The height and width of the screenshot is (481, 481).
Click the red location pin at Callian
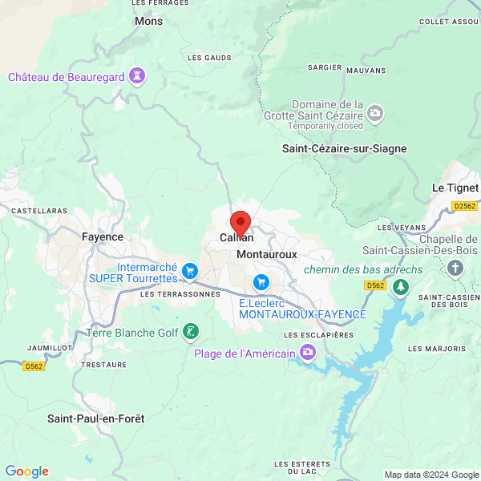pos(240,223)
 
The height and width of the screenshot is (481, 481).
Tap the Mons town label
pos(148,22)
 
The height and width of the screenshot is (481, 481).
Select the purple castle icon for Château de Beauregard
pos(139,77)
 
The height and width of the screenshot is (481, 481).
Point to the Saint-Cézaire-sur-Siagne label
pos(344,148)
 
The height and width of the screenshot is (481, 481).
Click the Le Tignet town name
pos(455,188)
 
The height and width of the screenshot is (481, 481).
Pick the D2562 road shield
pos(464,206)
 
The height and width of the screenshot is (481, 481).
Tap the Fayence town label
pos(103,236)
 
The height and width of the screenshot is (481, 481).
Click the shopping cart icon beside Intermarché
pos(189,271)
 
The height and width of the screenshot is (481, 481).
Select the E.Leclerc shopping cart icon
pos(261,282)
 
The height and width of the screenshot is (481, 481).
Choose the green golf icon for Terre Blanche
pos(190,331)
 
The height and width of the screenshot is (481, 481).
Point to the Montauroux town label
pos(267,254)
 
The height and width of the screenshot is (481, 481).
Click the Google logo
pos(26,471)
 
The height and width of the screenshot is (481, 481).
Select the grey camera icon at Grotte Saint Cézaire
pos(376,115)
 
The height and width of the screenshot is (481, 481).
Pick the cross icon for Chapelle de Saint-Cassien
pos(456,267)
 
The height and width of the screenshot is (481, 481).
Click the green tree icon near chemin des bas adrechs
pos(401,286)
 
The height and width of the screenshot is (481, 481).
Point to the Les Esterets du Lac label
pos(302,468)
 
